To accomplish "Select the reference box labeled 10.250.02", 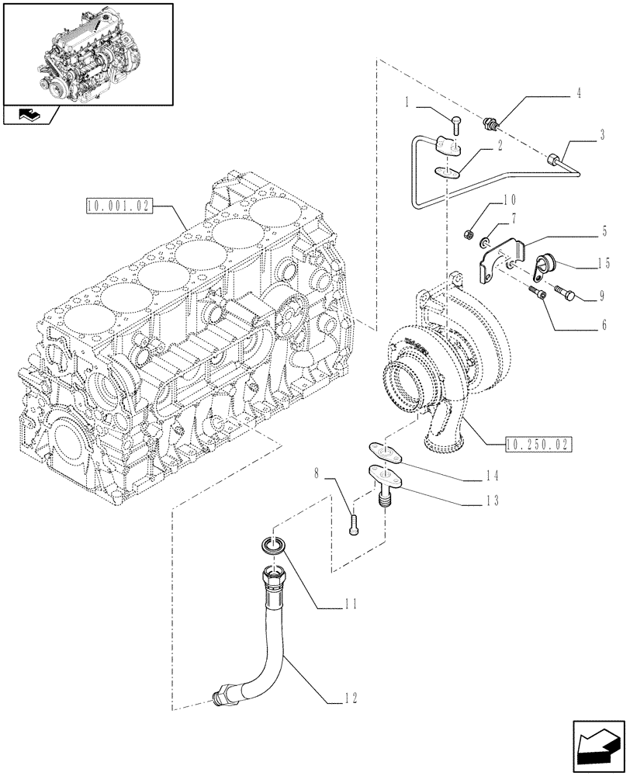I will coord(537,445).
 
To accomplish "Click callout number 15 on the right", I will coord(603,264).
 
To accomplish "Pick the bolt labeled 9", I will coord(566,294).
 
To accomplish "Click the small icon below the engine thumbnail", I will coord(30,116).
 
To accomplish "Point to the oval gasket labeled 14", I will coord(382,450).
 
